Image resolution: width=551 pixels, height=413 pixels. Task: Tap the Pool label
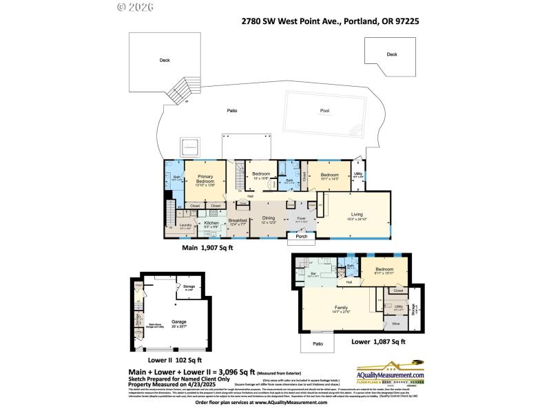click(x=324, y=111)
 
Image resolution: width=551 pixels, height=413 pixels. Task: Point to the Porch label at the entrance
click(x=301, y=237)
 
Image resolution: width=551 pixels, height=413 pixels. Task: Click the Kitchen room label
click(x=211, y=224)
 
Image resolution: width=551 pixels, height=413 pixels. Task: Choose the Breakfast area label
click(x=238, y=220)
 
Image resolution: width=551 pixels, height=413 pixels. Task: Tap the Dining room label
click(x=268, y=218)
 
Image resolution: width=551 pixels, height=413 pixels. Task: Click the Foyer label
click(x=301, y=218)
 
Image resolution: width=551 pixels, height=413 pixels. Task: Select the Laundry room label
click(x=185, y=225)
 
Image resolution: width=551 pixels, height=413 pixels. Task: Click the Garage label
click(x=179, y=321)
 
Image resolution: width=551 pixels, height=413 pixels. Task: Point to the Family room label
click(x=340, y=308)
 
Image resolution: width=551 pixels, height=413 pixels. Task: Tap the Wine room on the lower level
click(x=395, y=323)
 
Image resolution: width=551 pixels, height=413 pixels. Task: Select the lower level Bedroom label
click(x=384, y=269)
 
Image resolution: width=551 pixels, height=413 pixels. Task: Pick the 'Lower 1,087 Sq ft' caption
click(x=378, y=341)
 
